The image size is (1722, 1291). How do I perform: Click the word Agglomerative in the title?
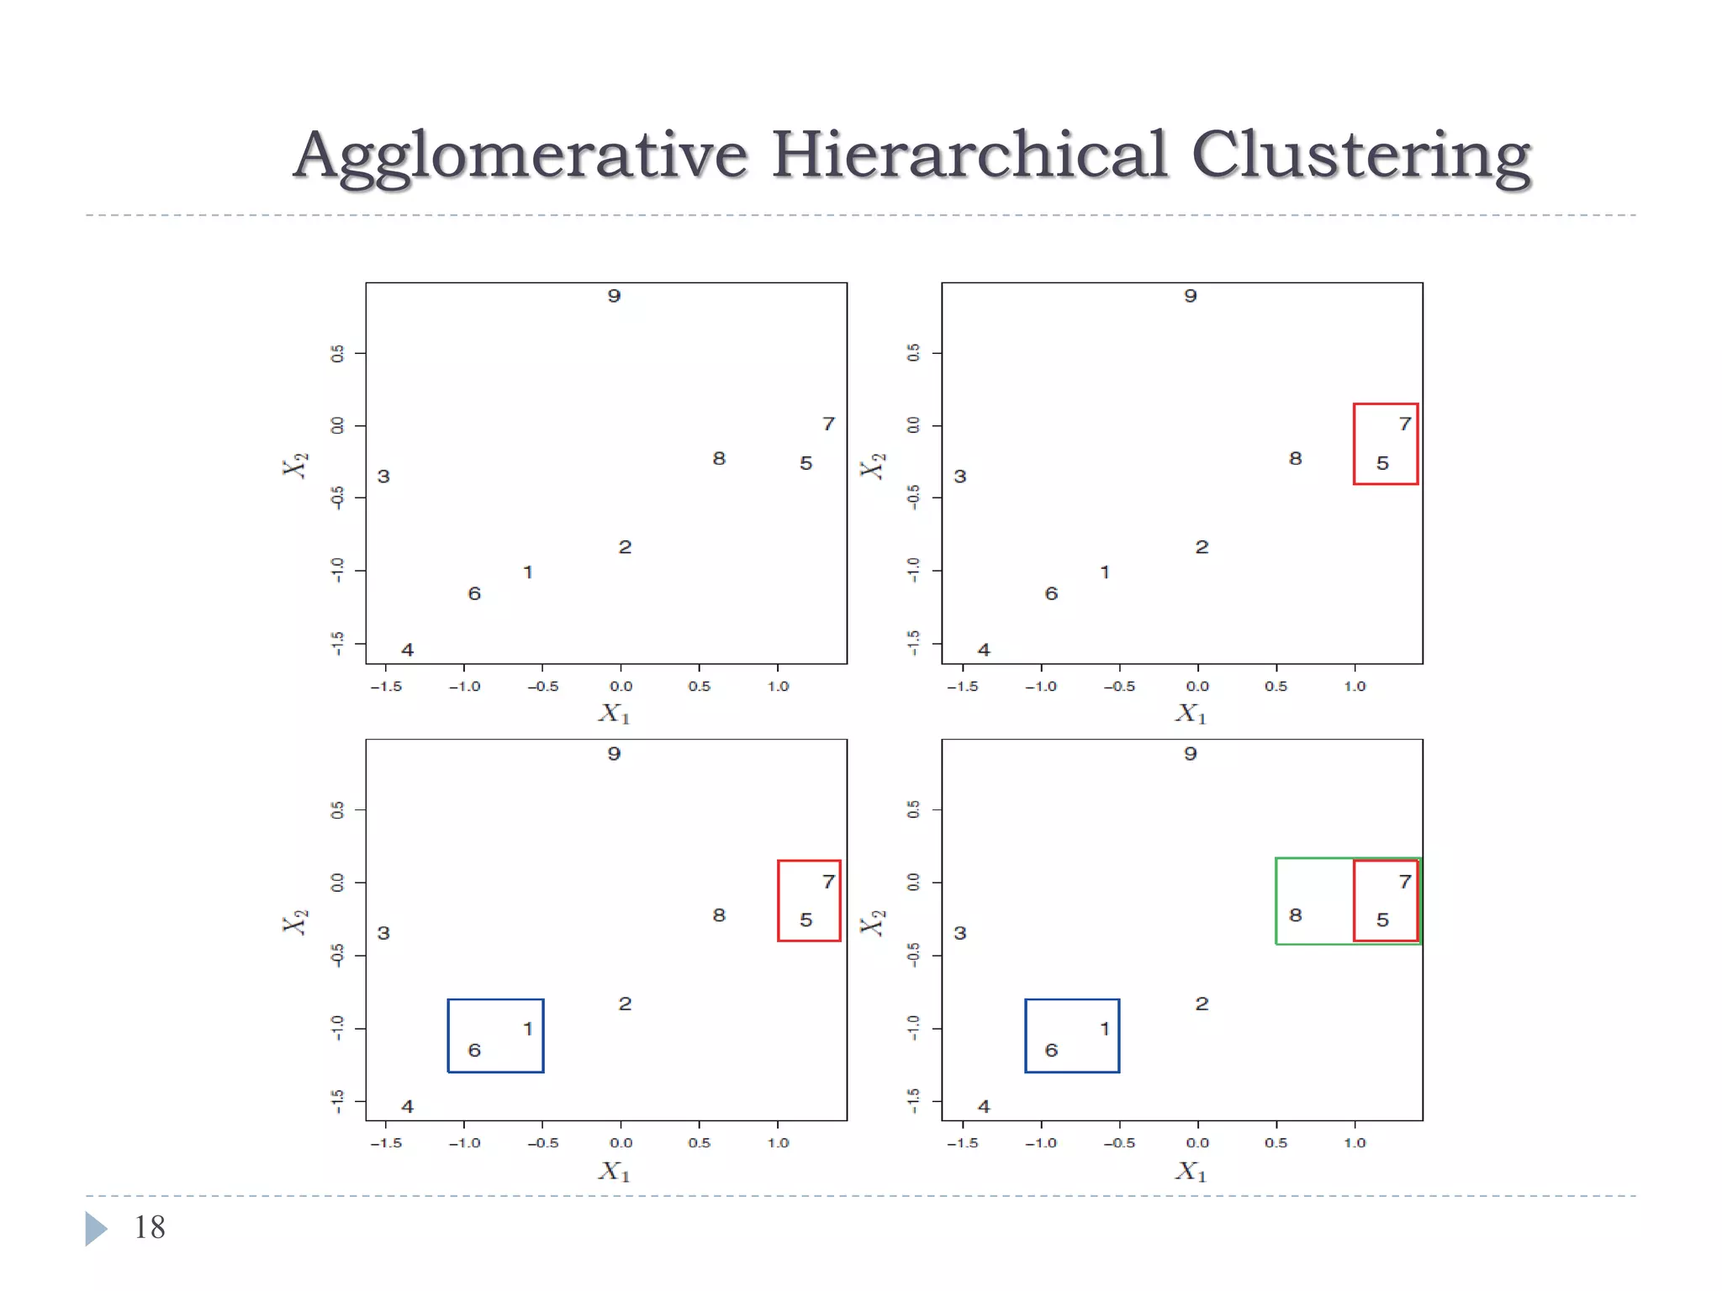[x=520, y=155]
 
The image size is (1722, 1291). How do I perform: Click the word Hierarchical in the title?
[x=969, y=155]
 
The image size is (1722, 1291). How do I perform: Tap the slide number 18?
[x=150, y=1227]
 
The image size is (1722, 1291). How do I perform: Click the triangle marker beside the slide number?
[x=96, y=1228]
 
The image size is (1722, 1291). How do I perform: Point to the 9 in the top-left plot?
[x=614, y=296]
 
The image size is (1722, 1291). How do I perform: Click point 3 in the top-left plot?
[x=383, y=477]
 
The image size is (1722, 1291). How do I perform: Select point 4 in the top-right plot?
[x=984, y=650]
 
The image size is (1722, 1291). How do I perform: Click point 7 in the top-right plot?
[x=1404, y=424]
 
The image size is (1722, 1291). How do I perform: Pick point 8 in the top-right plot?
[x=1295, y=458]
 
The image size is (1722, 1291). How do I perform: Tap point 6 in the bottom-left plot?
[x=474, y=1050]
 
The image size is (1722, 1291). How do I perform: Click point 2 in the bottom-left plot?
[x=625, y=1004]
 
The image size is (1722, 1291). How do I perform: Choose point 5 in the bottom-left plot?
[x=806, y=920]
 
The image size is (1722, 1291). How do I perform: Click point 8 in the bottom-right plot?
[x=1295, y=914]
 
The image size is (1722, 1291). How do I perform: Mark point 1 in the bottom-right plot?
[x=1105, y=1028]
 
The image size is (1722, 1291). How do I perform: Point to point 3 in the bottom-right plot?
[x=960, y=933]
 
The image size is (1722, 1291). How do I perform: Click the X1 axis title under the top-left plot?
[x=614, y=714]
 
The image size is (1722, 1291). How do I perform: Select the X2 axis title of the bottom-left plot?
[x=295, y=921]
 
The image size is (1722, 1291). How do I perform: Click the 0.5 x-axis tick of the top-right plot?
[x=1276, y=687]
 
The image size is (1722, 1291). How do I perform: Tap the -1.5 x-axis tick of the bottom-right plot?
[x=963, y=1143]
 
